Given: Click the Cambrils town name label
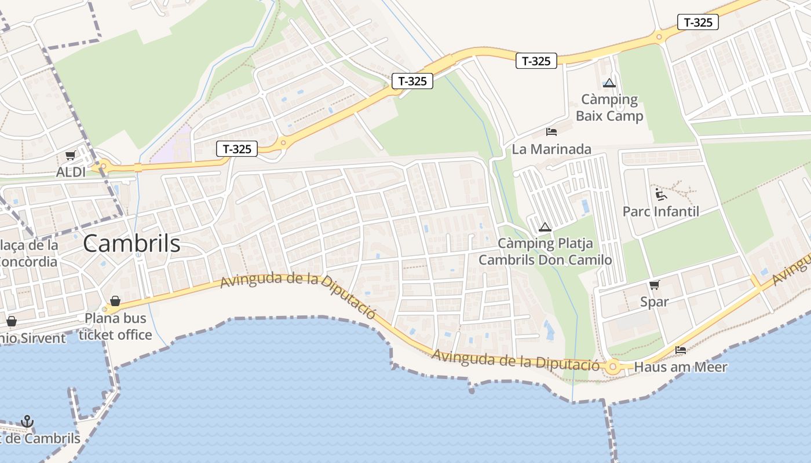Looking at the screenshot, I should pos(131,244).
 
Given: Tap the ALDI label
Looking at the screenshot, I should pos(71,172).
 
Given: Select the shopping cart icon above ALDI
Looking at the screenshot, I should pos(71,155).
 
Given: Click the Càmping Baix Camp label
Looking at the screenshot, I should pos(609,108).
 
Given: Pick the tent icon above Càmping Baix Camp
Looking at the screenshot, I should pos(609,83).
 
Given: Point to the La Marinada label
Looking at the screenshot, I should pos(551,149).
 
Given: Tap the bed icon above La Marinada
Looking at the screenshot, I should pos(551,132).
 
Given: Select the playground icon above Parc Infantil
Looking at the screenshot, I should pos(660,194).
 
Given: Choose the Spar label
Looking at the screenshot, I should pos(655,302).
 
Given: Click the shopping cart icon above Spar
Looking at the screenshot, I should pos(655,284).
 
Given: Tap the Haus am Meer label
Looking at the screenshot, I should pos(681,367).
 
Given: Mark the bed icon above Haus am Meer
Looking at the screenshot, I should pos(681,350).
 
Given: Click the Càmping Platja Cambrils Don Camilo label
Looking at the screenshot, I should pos(545,251).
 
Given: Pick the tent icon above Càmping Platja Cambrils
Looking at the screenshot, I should pos(544,227).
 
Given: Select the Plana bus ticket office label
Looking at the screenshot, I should pos(115,326).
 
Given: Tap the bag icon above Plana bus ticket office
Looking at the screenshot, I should pos(115,301).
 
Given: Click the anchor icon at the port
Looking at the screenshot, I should pos(27,421).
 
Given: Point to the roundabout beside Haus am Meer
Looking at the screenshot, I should pos(613,366).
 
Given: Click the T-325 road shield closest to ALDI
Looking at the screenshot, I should pos(237,149).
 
